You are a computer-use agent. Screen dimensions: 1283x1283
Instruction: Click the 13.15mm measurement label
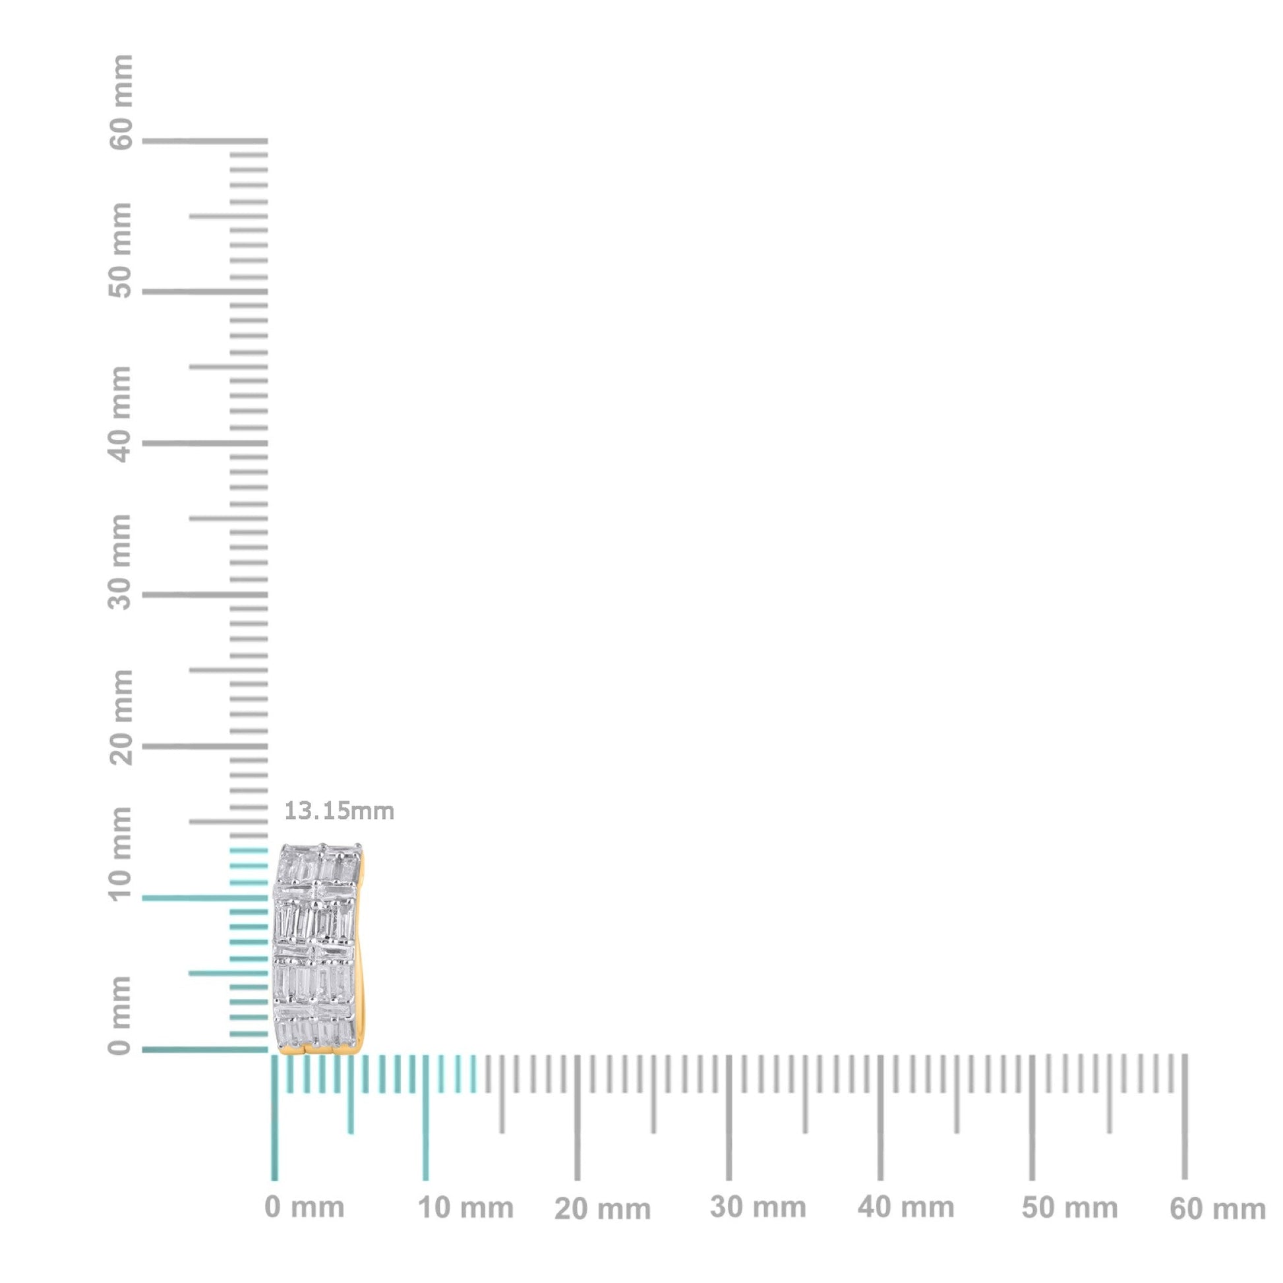tap(339, 811)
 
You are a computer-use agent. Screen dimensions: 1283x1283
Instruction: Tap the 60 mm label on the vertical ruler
tap(121, 102)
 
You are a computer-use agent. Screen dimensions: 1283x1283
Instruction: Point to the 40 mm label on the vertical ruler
tap(121, 414)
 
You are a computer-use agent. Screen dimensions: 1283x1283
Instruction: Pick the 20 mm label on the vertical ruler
tap(121, 717)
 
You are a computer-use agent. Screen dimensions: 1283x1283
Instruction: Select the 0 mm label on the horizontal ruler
tap(304, 1207)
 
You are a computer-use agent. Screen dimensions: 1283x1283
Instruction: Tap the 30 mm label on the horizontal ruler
tap(758, 1208)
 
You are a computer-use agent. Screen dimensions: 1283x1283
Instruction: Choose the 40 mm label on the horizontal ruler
tap(905, 1208)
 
